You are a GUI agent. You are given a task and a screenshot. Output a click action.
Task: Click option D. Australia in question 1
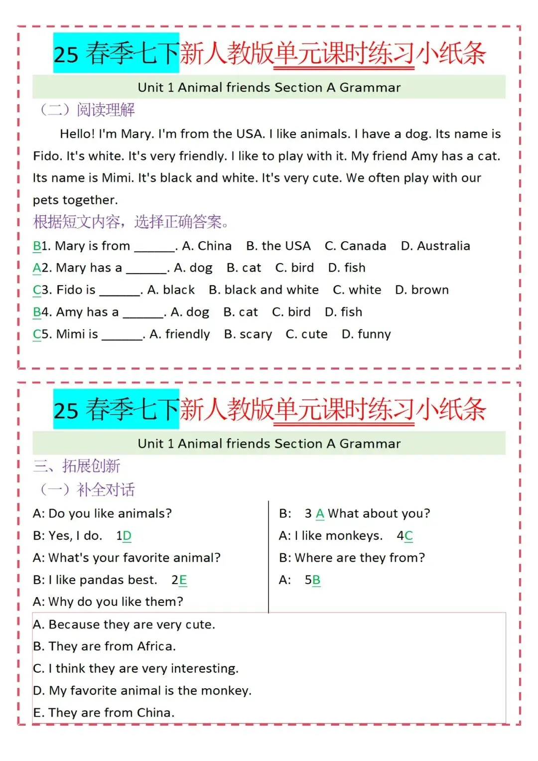pyautogui.click(x=435, y=246)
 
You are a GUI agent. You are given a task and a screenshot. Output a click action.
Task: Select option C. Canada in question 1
pyautogui.click(x=355, y=246)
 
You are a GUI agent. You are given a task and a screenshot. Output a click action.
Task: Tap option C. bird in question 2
pyautogui.click(x=294, y=268)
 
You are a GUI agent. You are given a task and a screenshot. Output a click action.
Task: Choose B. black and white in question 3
pyautogui.click(x=264, y=290)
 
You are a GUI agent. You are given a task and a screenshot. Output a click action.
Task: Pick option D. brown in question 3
pyautogui.click(x=421, y=290)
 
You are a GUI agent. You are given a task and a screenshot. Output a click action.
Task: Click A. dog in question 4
pyautogui.click(x=190, y=312)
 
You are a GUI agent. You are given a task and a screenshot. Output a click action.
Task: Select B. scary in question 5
pyautogui.click(x=248, y=334)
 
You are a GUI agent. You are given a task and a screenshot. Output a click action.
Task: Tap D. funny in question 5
pyautogui.click(x=366, y=334)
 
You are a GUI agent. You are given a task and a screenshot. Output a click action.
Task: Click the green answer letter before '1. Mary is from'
pyautogui.click(x=37, y=246)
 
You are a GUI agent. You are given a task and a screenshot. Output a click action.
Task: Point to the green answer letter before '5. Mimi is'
pyautogui.click(x=37, y=334)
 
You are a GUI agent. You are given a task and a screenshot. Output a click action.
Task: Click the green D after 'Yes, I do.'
pyautogui.click(x=127, y=536)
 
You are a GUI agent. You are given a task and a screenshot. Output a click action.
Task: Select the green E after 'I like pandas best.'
pyautogui.click(x=183, y=580)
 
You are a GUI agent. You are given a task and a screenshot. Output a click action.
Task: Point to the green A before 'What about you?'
pyautogui.click(x=320, y=514)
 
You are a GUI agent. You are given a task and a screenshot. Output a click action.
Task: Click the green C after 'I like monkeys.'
pyautogui.click(x=408, y=536)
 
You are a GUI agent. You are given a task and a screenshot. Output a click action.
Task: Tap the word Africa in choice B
pyautogui.click(x=156, y=646)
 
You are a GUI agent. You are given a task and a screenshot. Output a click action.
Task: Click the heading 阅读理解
pyautogui.click(x=106, y=110)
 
